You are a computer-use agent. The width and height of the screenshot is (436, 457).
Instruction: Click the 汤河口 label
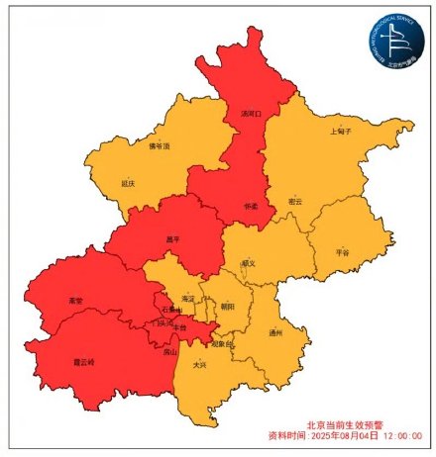tap(252, 114)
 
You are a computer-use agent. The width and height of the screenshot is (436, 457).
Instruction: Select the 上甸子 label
tap(340, 131)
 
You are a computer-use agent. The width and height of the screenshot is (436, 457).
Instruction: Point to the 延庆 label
tap(127, 183)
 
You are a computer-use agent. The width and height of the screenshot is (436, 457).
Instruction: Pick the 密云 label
tap(294, 201)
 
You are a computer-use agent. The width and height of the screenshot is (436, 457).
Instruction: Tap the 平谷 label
tap(343, 252)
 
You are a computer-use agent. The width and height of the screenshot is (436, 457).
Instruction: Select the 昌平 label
tap(173, 238)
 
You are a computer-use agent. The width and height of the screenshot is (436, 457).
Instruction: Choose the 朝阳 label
tap(228, 307)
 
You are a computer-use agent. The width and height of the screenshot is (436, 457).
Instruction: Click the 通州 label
tap(275, 333)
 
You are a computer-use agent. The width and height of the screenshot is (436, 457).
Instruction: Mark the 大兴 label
tap(200, 364)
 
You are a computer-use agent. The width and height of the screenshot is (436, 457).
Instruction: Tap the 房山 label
tap(170, 351)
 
